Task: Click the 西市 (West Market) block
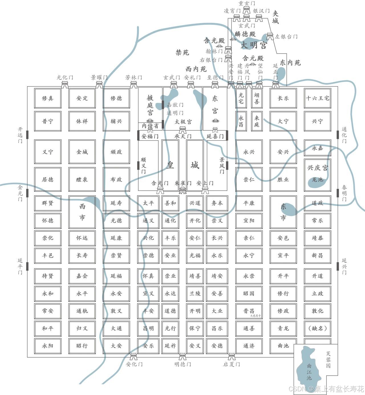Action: (82, 212)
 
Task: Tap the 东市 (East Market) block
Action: (283, 212)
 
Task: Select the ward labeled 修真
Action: (48, 98)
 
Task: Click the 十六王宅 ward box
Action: (317, 98)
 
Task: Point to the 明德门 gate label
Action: (182, 364)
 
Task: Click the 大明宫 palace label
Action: (254, 45)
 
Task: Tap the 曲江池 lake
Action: (309, 369)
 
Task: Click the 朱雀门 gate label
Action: (183, 183)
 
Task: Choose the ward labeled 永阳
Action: (48, 346)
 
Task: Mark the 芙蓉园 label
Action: (328, 359)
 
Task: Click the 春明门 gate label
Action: (344, 193)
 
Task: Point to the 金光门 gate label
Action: (20, 193)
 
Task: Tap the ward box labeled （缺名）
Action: (317, 328)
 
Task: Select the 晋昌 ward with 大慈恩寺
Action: (249, 311)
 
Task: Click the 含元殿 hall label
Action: (253, 58)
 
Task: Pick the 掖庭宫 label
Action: (150, 105)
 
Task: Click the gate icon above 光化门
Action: (65, 84)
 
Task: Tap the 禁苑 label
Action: (182, 52)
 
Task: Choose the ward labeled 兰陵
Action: (195, 294)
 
